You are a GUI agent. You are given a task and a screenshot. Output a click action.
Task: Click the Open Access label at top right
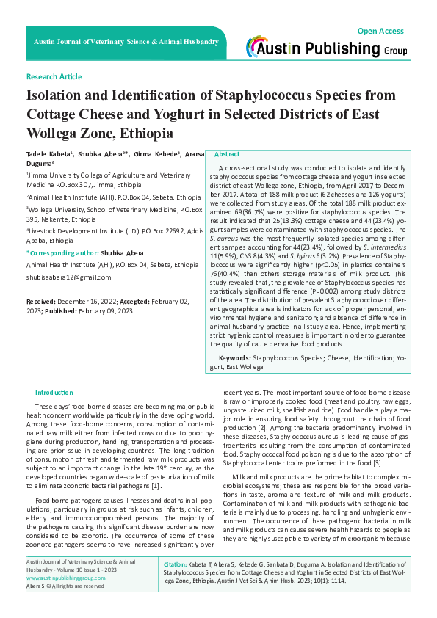coord(380,31)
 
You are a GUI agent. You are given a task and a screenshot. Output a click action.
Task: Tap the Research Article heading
coord(54,77)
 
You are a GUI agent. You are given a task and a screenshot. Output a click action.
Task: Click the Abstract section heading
coord(227,155)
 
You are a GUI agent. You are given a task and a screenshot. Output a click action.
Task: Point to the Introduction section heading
coord(54,393)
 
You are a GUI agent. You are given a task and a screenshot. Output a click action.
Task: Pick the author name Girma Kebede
coord(156,156)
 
